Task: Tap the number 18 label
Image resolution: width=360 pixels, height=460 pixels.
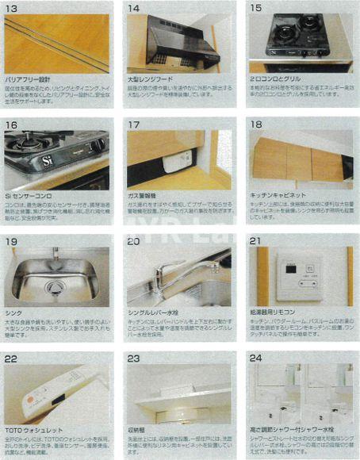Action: (255, 124)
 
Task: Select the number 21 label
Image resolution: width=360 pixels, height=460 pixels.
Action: (255, 240)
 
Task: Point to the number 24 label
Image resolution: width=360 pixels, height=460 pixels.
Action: (255, 358)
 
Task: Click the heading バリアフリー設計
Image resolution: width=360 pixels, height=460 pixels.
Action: (29, 79)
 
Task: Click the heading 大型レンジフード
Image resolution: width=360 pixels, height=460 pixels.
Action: (151, 79)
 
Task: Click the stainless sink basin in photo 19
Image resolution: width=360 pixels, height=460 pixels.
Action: (56, 279)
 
